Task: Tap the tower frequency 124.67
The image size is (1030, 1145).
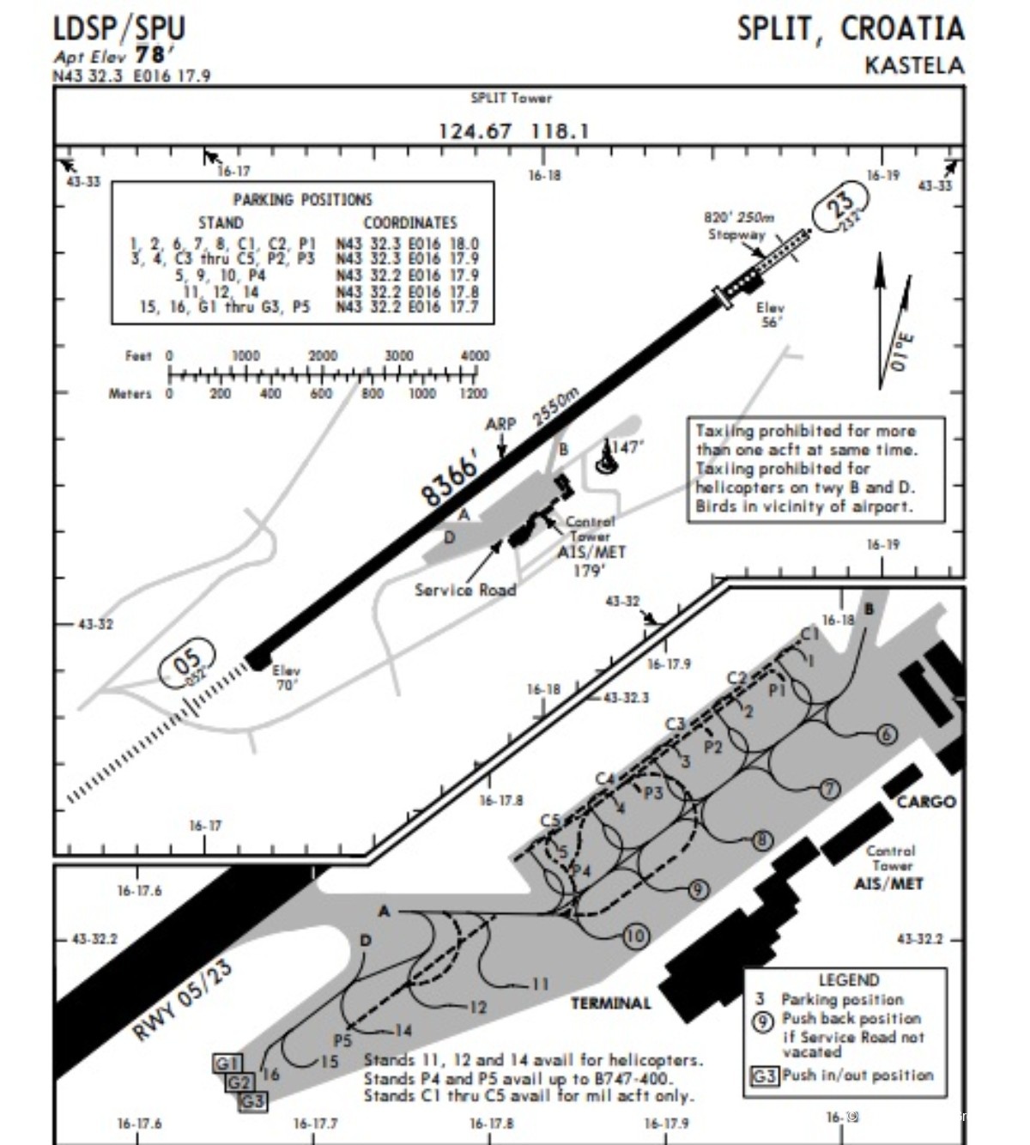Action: pyautogui.click(x=475, y=131)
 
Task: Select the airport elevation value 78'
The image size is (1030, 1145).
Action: pyautogui.click(x=150, y=55)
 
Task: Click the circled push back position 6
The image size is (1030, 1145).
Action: pyautogui.click(x=887, y=735)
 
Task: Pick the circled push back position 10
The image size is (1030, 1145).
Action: pyautogui.click(x=635, y=936)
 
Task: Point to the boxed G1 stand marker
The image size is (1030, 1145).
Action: pyautogui.click(x=227, y=1063)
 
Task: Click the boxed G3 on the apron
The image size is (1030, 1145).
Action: pyautogui.click(x=252, y=1100)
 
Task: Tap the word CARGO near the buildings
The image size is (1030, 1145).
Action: pyautogui.click(x=925, y=802)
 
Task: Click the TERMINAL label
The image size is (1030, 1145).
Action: pyautogui.click(x=610, y=1003)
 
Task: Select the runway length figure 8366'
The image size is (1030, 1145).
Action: pyautogui.click(x=449, y=481)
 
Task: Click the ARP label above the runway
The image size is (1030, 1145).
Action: pyautogui.click(x=500, y=424)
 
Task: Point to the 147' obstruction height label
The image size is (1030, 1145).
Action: pyautogui.click(x=627, y=447)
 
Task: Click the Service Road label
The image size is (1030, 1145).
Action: pyautogui.click(x=465, y=590)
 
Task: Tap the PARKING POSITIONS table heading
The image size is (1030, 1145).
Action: pyautogui.click(x=302, y=199)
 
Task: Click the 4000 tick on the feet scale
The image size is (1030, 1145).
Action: pyautogui.click(x=475, y=356)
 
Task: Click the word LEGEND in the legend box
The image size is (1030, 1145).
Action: pyautogui.click(x=848, y=979)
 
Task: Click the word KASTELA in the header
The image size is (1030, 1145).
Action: pyautogui.click(x=913, y=65)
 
